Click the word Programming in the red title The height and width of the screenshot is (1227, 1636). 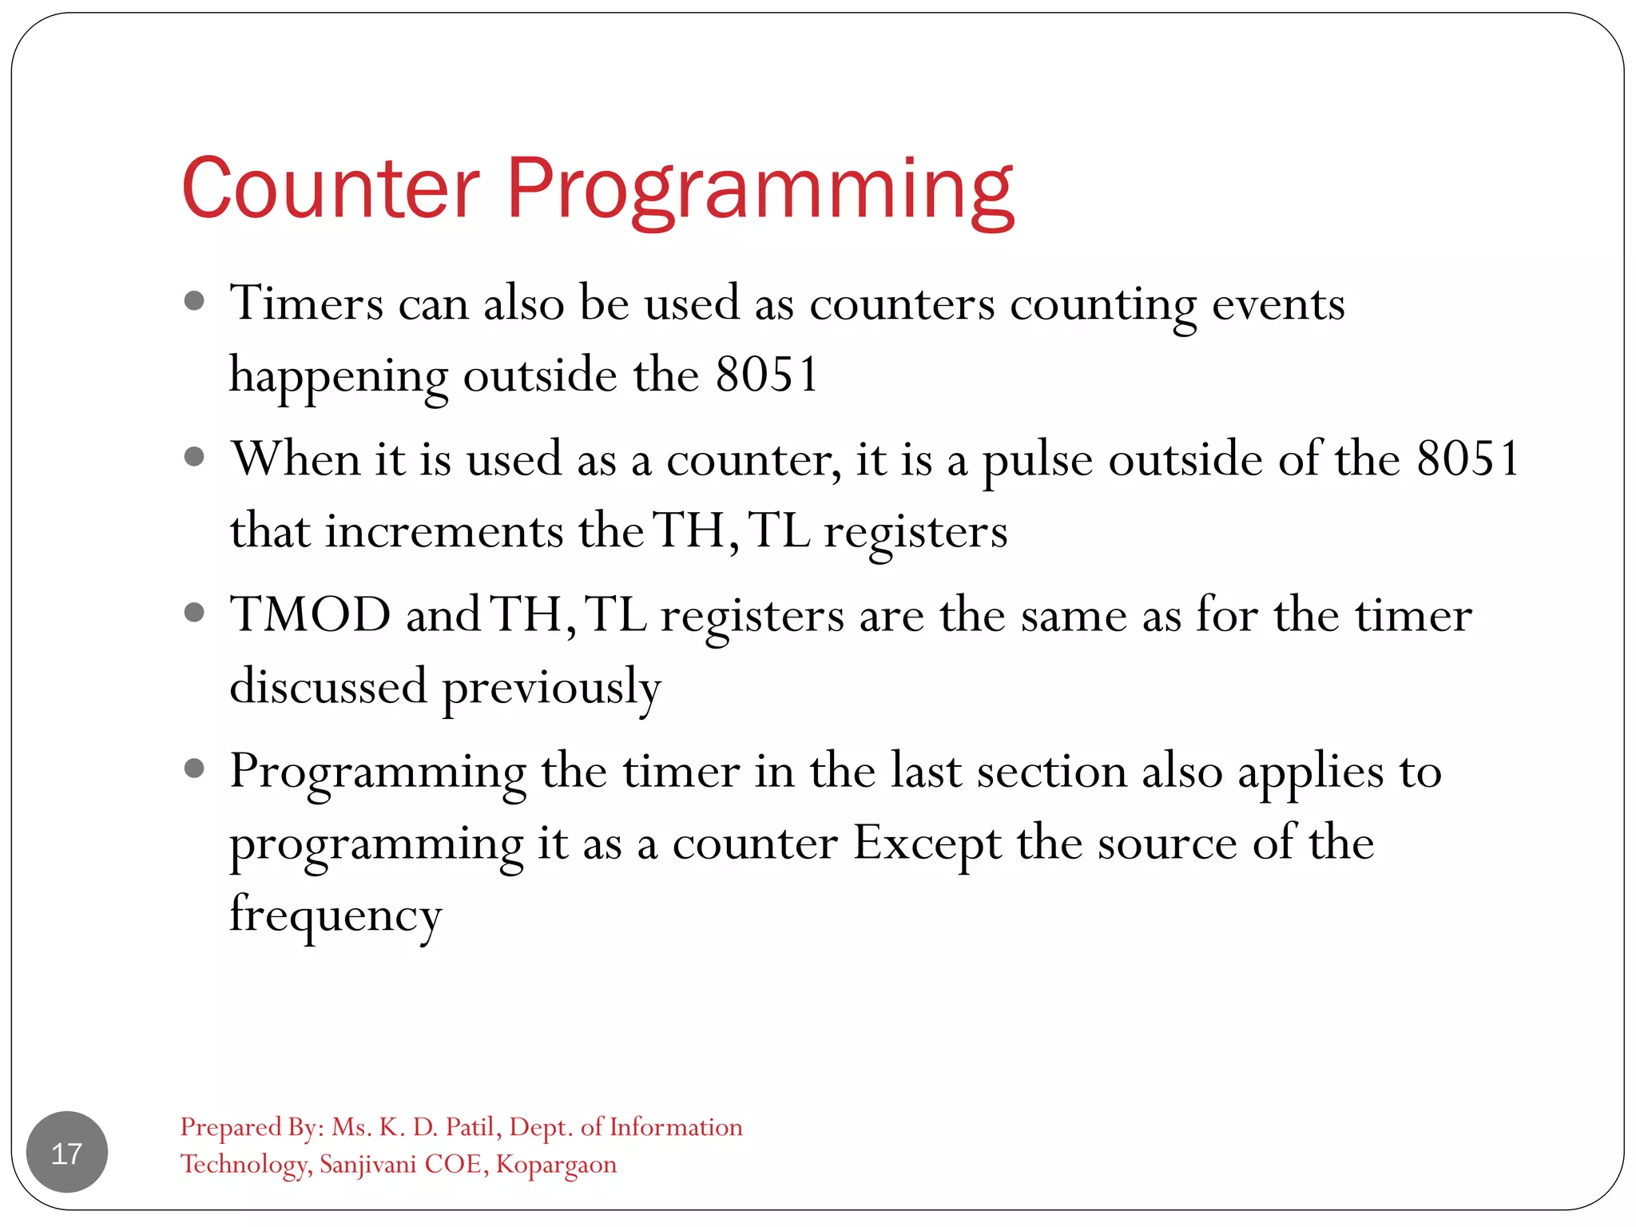(760, 192)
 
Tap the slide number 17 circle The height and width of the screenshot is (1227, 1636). (67, 1152)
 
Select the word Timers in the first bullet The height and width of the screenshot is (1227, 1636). (307, 304)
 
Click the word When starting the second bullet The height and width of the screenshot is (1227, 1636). (296, 459)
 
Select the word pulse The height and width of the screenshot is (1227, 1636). (1037, 462)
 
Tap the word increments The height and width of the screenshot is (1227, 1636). (444, 531)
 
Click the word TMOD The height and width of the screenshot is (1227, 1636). (310, 615)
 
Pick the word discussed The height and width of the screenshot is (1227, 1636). (328, 687)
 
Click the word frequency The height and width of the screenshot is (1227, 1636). (336, 916)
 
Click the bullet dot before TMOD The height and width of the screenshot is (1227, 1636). (194, 613)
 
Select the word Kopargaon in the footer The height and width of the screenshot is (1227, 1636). (556, 1165)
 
